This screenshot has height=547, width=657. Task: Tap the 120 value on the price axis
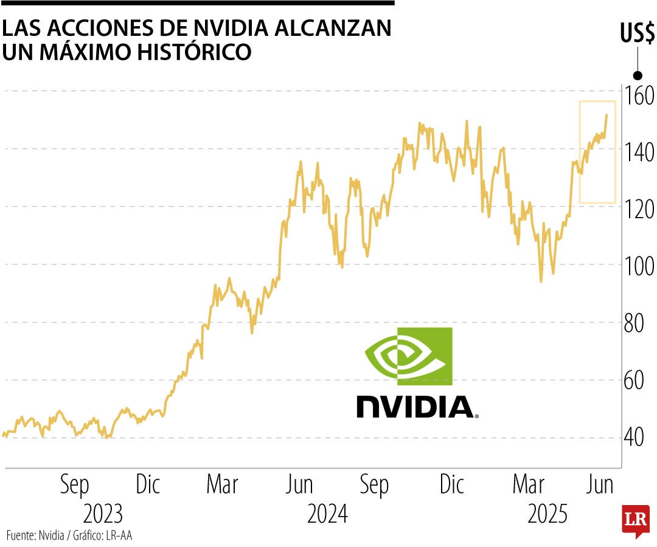coord(638,208)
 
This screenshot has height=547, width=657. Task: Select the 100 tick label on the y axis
coord(638,266)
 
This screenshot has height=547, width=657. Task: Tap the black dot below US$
coord(638,75)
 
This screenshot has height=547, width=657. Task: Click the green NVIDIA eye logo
coord(409,356)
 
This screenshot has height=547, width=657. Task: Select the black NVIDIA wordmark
coord(416,407)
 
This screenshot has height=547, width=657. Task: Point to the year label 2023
coord(103,514)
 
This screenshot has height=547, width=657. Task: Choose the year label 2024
coord(327,514)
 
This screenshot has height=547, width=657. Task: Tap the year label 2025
coord(547,514)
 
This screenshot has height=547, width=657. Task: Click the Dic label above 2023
coord(148,485)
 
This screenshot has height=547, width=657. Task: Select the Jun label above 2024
coord(299,485)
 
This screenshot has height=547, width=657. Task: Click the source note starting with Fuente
coord(69,535)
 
